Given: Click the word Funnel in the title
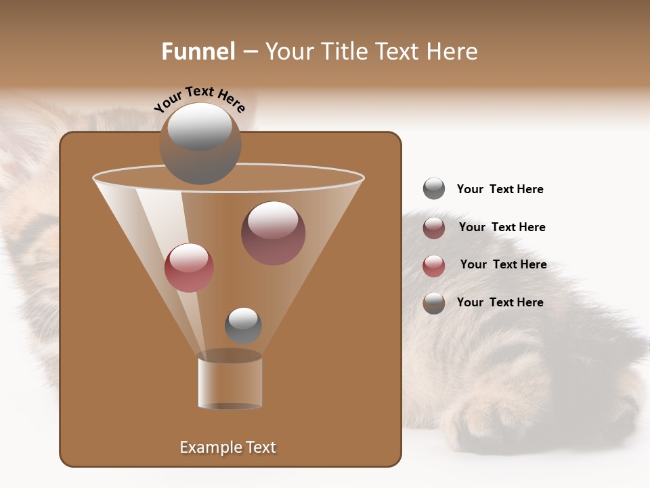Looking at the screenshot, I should point(198,52).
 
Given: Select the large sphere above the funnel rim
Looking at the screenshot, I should point(200,144).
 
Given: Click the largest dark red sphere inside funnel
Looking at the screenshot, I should point(273,232).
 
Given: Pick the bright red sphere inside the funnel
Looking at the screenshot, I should point(189,268).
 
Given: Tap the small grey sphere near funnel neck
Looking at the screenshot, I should point(243,325).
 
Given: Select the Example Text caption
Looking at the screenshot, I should point(227,447).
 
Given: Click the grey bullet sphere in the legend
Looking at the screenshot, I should point(434,188).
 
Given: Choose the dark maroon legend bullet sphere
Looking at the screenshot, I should point(434,227).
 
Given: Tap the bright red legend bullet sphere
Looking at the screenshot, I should point(434,265).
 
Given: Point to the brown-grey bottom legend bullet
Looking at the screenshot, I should point(434,303).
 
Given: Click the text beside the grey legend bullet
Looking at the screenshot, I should point(500,189).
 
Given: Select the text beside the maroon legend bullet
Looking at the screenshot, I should point(502,227).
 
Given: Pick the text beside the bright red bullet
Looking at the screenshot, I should point(503,264).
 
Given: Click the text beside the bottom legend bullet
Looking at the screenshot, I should point(500,302).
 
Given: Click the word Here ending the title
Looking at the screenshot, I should point(454,52).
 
